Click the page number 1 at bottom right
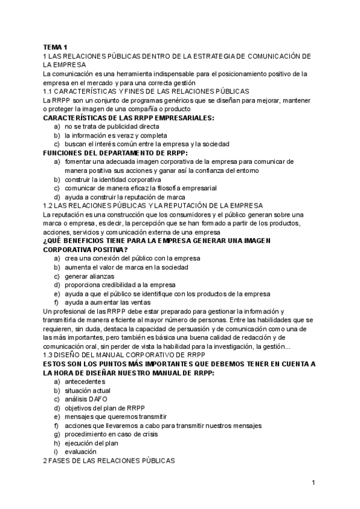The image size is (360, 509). (x=313, y=482)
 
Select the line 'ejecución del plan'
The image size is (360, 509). (x=91, y=442)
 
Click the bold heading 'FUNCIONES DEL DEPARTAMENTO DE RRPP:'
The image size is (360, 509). (x=112, y=153)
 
